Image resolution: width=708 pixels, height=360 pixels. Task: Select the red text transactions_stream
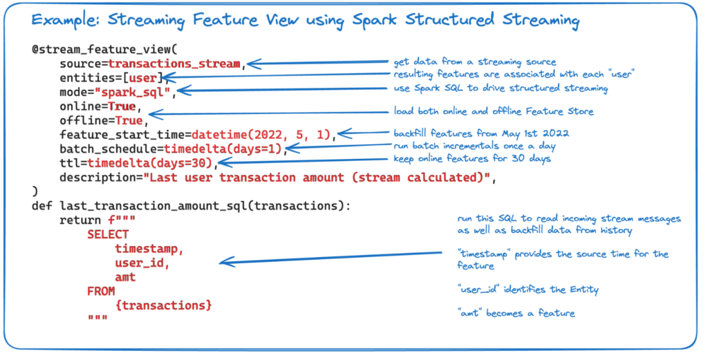[x=174, y=64]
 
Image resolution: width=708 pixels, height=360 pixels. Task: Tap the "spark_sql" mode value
[x=133, y=93]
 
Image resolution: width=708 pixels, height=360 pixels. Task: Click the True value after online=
[x=122, y=106]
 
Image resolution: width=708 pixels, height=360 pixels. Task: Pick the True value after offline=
[x=129, y=121]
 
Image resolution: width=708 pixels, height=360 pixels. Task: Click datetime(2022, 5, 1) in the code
[x=261, y=135]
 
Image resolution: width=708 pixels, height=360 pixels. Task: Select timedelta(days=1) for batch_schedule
[x=223, y=149]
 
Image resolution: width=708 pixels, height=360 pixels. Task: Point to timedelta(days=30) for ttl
[x=150, y=163]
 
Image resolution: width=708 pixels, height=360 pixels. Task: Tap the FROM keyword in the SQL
[x=101, y=292]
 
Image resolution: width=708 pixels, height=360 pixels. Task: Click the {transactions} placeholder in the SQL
[x=163, y=306]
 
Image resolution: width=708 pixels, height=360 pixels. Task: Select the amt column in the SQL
[x=126, y=277]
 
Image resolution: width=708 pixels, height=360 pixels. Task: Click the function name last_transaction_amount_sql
[x=153, y=206]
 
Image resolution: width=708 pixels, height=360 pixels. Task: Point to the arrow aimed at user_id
[x=331, y=258]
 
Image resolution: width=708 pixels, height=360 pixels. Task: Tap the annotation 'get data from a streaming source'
[x=474, y=61]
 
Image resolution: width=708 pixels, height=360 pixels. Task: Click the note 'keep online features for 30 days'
[x=472, y=159]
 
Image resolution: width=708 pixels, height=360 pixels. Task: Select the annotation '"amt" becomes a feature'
[x=516, y=313]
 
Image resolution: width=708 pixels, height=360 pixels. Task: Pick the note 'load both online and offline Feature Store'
[x=493, y=111]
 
